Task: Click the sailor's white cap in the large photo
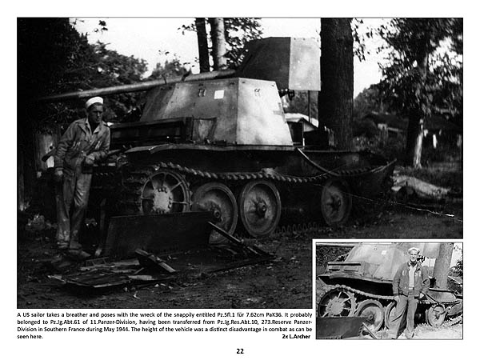pos(94,102)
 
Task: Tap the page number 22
pos(239,350)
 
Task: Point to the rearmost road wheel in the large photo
pos(336,203)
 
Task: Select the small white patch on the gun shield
pos(218,94)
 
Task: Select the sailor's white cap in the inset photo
pos(414,251)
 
